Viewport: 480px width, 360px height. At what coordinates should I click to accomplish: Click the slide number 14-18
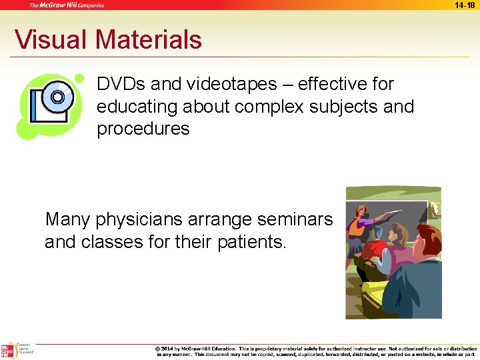(x=465, y=5)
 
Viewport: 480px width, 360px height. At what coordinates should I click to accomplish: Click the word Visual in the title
(x=51, y=39)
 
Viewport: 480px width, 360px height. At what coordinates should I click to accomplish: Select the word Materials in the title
(x=148, y=39)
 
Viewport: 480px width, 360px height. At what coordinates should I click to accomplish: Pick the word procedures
(x=143, y=129)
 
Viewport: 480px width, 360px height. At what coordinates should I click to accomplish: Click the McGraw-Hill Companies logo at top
(x=67, y=5)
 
